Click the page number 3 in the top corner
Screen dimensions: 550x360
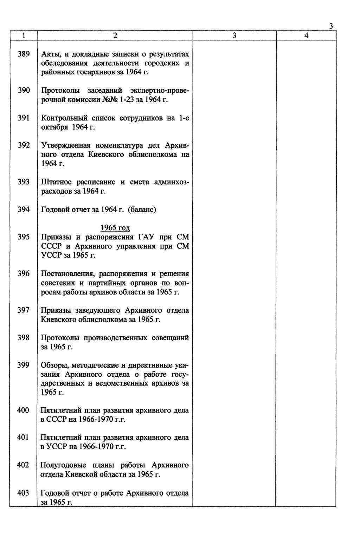(331, 26)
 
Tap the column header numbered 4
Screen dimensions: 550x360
(306, 35)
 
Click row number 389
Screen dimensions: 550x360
(24, 54)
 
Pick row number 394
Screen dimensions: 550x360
(24, 210)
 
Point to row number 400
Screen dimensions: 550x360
(23, 410)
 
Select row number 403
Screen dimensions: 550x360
(23, 493)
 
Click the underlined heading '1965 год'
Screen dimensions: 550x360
(115, 228)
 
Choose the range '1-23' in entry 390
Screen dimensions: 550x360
(126, 100)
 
